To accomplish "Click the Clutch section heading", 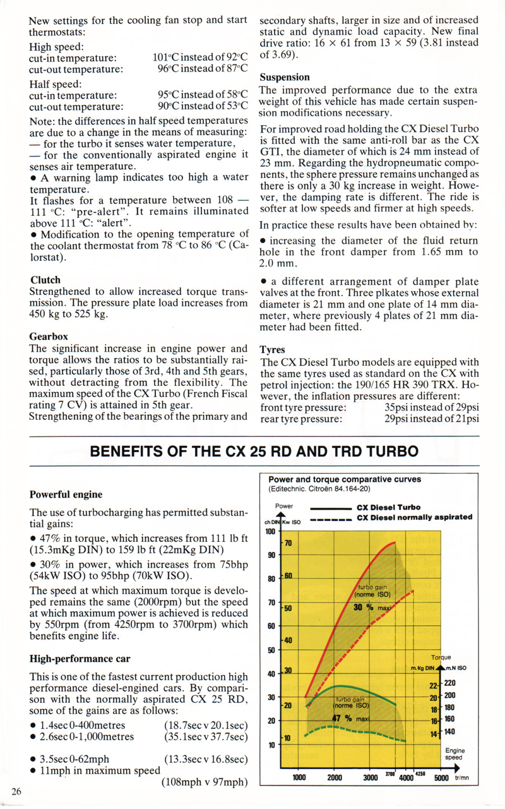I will click(45, 280).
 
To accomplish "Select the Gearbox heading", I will click(49, 337).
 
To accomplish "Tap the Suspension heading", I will click(285, 77).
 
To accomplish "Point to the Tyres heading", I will click(273, 350).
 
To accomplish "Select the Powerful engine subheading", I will click(66, 494).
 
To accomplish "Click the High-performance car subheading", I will click(80, 659).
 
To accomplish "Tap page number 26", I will click(16, 791).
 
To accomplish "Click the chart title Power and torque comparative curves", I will click(345, 479).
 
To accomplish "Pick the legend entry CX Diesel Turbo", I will click(389, 507).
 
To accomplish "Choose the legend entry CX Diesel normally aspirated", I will click(414, 517).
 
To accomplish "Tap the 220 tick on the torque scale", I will click(449, 682).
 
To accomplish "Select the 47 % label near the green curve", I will click(342, 718).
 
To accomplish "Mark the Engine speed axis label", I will click(454, 754).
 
